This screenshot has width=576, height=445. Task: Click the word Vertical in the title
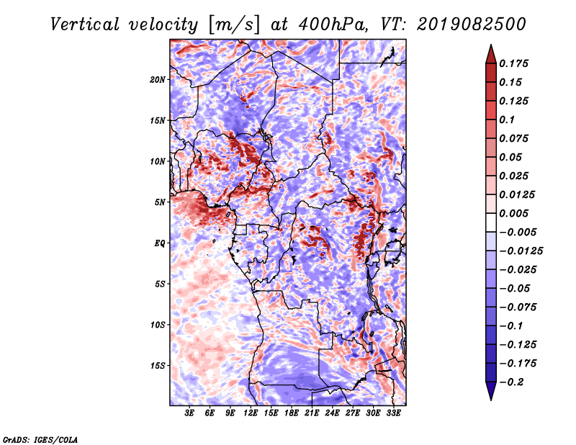tap(84, 24)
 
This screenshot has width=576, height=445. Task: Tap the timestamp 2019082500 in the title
tap(472, 24)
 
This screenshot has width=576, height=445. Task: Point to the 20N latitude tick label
tap(158, 80)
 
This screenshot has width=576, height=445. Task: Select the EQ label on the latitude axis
tap(159, 243)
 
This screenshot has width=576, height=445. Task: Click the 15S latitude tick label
tap(158, 366)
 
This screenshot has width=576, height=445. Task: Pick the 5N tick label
tap(160, 202)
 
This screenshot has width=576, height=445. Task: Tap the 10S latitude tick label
tap(158, 325)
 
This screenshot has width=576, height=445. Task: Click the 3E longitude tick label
tap(189, 413)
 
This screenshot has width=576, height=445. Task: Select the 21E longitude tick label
tap(312, 413)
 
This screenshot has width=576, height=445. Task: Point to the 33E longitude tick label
tap(393, 413)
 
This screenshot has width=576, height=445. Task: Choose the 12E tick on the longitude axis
tap(250, 413)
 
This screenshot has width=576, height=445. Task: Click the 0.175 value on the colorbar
tap(513, 63)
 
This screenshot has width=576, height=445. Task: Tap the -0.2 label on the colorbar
tap(512, 382)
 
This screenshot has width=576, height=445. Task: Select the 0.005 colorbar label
tap(513, 213)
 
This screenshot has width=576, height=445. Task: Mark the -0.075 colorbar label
tap(518, 307)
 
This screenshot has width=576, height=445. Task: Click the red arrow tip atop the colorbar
tap(491, 45)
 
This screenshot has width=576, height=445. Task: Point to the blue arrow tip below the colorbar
tap(491, 400)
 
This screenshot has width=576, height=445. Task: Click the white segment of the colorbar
tap(491, 223)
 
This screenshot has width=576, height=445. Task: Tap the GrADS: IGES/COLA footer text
tap(40, 440)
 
